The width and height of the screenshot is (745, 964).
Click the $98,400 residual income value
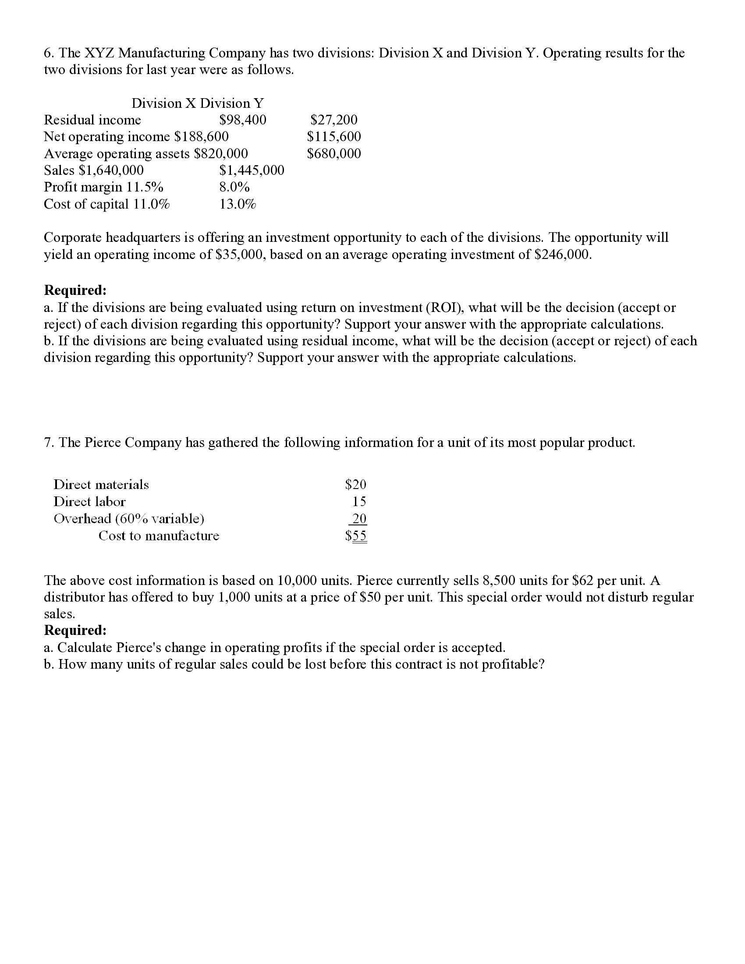[243, 120]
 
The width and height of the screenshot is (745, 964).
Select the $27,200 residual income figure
[333, 120]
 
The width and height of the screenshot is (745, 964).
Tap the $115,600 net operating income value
[333, 137]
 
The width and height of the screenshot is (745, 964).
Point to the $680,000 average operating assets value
[333, 154]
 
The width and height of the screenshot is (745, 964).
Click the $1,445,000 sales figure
[252, 170]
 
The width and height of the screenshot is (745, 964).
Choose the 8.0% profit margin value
[234, 188]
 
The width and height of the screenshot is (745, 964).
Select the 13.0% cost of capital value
[238, 204]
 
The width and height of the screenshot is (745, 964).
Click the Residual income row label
[92, 120]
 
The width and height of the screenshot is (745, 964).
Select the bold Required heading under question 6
[75, 291]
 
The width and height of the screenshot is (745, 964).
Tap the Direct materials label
[101, 485]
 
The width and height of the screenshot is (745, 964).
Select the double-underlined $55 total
[355, 536]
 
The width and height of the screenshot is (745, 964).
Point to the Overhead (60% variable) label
[129, 519]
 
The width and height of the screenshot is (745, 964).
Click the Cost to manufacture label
[159, 536]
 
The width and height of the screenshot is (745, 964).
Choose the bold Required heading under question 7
[75, 630]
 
